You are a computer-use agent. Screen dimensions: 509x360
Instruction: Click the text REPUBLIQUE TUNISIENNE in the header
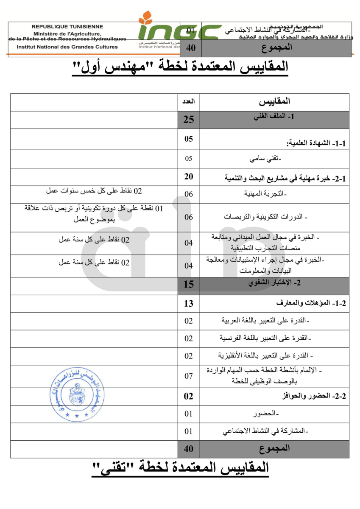(67, 26)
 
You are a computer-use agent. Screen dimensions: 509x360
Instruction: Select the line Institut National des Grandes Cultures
(67, 47)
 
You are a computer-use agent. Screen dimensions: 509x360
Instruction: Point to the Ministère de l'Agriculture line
(67, 33)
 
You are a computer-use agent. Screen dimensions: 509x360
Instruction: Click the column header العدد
(188, 101)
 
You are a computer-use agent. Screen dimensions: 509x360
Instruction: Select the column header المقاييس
(274, 101)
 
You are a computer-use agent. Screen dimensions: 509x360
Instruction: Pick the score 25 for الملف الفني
(188, 120)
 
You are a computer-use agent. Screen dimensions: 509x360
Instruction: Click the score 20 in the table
(188, 177)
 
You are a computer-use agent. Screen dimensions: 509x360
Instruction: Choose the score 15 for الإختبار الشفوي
(188, 285)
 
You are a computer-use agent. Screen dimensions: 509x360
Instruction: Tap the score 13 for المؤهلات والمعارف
(188, 303)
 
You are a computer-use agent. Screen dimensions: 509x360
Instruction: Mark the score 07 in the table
(188, 376)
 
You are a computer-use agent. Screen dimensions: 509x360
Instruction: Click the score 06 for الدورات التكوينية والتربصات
(188, 217)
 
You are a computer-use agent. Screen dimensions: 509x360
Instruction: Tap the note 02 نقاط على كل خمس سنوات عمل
(94, 191)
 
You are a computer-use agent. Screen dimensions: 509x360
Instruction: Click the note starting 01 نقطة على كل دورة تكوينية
(94, 213)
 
